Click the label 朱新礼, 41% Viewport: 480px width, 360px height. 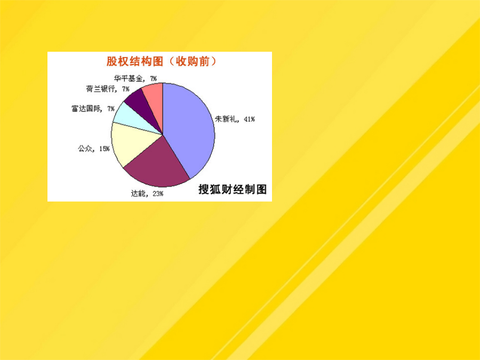pyautogui.click(x=235, y=119)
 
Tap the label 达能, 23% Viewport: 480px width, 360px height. pyautogui.click(x=147, y=194)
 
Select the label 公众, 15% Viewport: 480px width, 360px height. pyautogui.click(x=94, y=148)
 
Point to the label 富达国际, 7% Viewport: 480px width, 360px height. pyautogui.click(x=93, y=109)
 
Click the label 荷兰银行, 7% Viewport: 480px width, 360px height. pyautogui.click(x=107, y=89)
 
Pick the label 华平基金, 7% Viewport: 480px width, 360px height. pyautogui.click(x=135, y=79)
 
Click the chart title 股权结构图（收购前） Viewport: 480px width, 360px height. pyautogui.click(x=161, y=61)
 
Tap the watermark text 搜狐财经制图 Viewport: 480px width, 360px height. pyautogui.click(x=233, y=189)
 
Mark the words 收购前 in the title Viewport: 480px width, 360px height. pyautogui.click(x=192, y=61)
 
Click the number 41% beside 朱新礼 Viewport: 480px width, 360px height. pyautogui.click(x=249, y=119)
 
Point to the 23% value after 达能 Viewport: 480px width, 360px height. pyautogui.click(x=158, y=194)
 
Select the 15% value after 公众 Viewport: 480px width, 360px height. pyautogui.click(x=104, y=149)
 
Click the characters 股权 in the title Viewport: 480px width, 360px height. pyautogui.click(x=117, y=61)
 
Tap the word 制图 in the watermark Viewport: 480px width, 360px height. pyautogui.click(x=255, y=189)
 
